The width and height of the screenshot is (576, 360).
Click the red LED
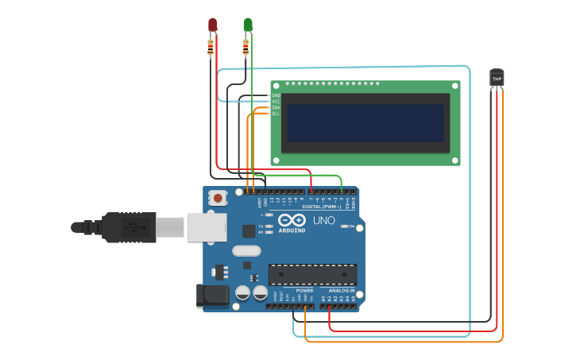(212, 25)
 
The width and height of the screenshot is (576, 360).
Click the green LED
(248, 25)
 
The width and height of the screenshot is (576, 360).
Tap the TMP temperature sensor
(497, 78)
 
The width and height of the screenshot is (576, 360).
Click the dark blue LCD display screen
(365, 122)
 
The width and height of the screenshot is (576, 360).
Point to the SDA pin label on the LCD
(276, 107)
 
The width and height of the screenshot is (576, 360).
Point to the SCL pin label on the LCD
(276, 114)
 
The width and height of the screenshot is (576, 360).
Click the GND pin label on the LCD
(276, 95)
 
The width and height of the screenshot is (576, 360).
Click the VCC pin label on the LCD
(276, 102)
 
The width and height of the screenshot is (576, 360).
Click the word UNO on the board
(324, 220)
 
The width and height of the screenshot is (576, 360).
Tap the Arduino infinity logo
(292, 220)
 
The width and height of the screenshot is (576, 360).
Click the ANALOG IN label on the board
(342, 291)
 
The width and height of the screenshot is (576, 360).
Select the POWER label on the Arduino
(305, 291)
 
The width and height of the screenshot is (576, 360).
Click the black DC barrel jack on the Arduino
(212, 296)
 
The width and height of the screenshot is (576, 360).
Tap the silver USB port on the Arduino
(206, 226)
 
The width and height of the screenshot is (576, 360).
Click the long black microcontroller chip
(312, 274)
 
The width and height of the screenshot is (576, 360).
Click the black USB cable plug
(127, 226)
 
